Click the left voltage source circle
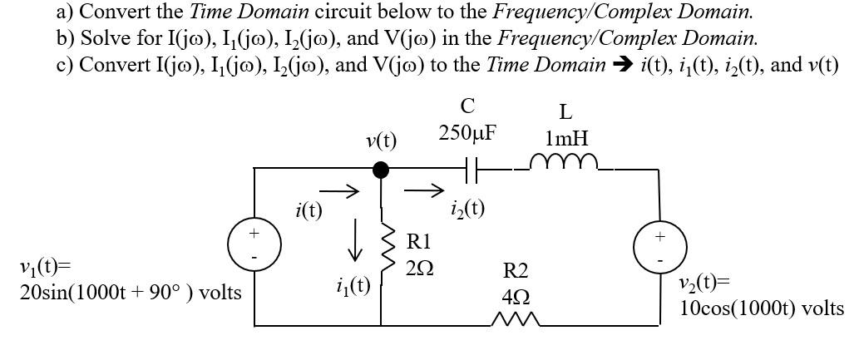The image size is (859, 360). [255, 247]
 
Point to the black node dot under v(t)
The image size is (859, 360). [381, 170]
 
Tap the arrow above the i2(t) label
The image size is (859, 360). [422, 191]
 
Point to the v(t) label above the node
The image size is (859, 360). [381, 141]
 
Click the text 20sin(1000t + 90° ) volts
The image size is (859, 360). [131, 293]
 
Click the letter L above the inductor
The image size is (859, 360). [565, 111]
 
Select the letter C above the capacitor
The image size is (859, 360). [467, 106]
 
